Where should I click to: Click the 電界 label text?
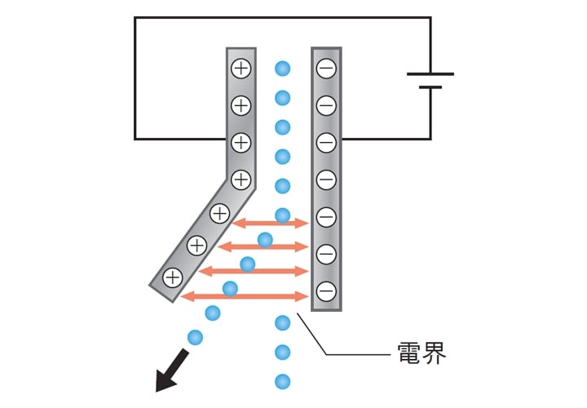coord(421,355)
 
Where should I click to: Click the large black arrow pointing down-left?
coord(171,369)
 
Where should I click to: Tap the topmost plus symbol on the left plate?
coord(241,69)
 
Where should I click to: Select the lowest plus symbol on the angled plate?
coord(172,277)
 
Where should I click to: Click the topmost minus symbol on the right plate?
coord(325,69)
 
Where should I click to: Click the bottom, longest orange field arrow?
coord(245,295)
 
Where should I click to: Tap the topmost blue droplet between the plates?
coord(282,68)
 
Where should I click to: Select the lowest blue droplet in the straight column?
coord(283,381)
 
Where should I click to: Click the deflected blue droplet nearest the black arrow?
coord(195,336)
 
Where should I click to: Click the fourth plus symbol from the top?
coord(241,178)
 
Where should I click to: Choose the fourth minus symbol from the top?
coord(325,179)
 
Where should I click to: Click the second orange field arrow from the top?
coord(261,246)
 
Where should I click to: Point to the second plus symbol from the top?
coord(241,105)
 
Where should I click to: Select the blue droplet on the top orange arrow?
coord(283,215)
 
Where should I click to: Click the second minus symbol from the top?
coord(325,105)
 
